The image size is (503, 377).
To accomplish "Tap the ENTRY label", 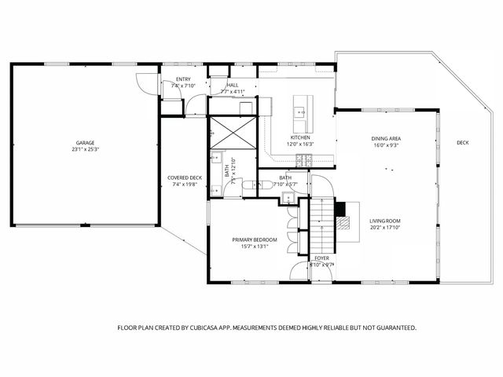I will [183, 79].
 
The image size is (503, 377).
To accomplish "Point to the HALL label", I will [233, 85].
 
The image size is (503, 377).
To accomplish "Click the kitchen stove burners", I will [304, 160].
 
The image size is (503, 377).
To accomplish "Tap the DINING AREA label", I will [386, 138].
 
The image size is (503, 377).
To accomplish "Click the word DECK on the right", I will [463, 142].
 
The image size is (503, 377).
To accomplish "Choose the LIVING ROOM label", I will [385, 221].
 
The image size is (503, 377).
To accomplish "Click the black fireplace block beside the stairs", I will [340, 209].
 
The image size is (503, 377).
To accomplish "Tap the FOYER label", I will [322, 258].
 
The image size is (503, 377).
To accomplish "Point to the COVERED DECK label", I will [185, 178].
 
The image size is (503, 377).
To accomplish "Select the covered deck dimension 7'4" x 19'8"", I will [185, 185].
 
